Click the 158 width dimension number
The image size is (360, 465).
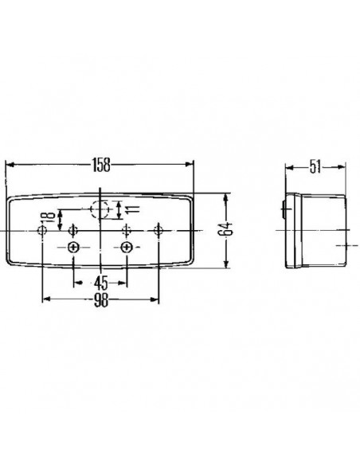click(x=100, y=166)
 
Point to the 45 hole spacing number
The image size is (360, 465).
click(x=100, y=281)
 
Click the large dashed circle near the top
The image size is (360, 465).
click(x=100, y=210)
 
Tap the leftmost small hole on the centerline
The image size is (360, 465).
click(x=42, y=230)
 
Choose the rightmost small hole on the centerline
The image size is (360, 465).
click(x=159, y=230)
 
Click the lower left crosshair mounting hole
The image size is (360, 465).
click(x=74, y=248)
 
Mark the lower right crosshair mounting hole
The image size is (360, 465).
click(x=127, y=248)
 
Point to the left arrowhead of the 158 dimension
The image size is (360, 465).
click(x=10, y=166)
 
